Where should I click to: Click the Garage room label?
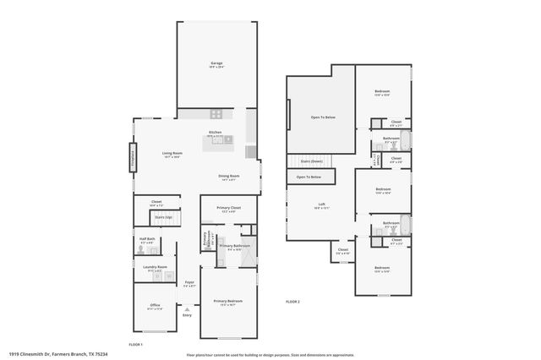[216, 63]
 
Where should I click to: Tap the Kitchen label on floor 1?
[216, 133]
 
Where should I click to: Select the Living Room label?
[172, 153]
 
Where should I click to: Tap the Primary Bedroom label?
[227, 301]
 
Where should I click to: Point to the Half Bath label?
[145, 240]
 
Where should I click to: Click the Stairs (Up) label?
[163, 217]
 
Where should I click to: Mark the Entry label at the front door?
[188, 315]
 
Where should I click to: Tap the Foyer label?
[189, 282]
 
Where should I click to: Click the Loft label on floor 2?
[321, 204]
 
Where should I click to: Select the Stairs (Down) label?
[312, 160]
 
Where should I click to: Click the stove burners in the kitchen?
[216, 113]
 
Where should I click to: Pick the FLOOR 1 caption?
[135, 345]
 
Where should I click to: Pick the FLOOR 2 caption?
[292, 302]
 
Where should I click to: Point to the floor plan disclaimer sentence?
[270, 354]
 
